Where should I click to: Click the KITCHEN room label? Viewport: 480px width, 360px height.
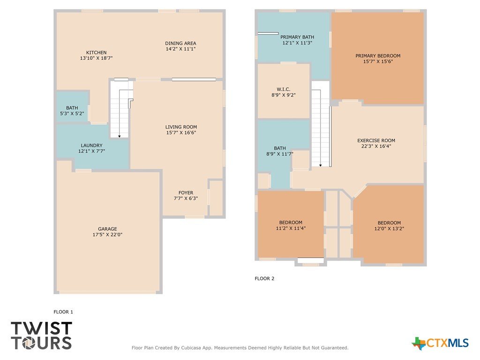tap(97, 52)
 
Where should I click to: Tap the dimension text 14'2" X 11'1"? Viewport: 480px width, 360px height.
tap(180, 49)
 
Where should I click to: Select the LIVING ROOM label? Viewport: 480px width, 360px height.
tap(181, 127)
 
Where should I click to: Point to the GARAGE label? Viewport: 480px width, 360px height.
tap(107, 229)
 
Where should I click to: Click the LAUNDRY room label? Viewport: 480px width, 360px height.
tap(91, 145)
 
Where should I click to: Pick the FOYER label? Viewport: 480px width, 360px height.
tap(186, 193)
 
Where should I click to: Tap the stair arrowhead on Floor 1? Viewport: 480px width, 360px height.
tap(120, 136)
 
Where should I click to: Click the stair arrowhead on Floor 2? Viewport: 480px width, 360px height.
tap(321, 165)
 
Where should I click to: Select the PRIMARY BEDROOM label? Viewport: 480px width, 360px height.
tap(378, 56)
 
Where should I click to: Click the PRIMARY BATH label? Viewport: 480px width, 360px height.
tap(297, 37)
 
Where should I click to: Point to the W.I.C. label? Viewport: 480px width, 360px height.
tap(284, 90)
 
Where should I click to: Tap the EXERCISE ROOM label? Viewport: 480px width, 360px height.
tap(376, 141)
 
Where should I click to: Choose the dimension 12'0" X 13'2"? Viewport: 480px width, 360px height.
tap(390, 229)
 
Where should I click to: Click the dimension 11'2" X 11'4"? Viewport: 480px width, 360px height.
tap(291, 228)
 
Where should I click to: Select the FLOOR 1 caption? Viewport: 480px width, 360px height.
tap(63, 312)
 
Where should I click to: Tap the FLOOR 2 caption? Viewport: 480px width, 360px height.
tap(264, 278)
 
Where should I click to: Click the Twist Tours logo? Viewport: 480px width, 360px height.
tap(41, 336)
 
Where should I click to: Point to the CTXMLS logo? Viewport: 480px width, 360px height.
tap(440, 343)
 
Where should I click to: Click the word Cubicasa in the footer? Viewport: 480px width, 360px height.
tap(191, 348)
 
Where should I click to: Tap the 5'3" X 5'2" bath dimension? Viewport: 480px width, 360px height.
tap(72, 113)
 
